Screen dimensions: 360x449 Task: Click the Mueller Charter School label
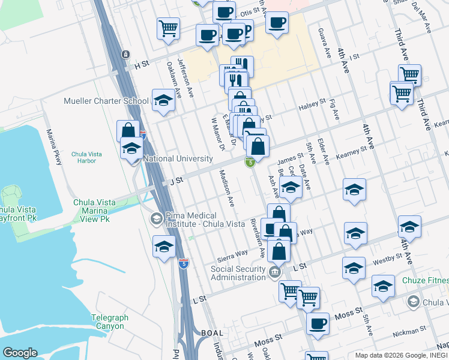pyautogui.click(x=106, y=101)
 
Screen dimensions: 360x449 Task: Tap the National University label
pyautogui.click(x=178, y=159)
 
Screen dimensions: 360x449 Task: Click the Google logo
pyautogui.click(x=20, y=353)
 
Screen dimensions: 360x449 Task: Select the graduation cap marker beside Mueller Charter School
pyautogui.click(x=162, y=101)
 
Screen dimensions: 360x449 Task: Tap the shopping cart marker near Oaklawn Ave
pyautogui.click(x=169, y=28)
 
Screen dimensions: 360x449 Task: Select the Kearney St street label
pyautogui.click(x=351, y=151)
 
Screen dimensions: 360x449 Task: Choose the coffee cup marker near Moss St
pyautogui.click(x=318, y=325)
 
